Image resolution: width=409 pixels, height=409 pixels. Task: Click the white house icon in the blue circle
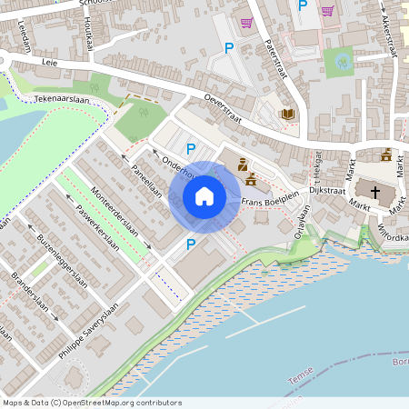click(204, 196)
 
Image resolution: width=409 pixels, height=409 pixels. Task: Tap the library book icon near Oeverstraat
click(288, 114)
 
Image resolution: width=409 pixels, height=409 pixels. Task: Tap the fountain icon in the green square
click(342, 62)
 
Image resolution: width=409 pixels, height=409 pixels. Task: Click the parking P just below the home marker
click(190, 244)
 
